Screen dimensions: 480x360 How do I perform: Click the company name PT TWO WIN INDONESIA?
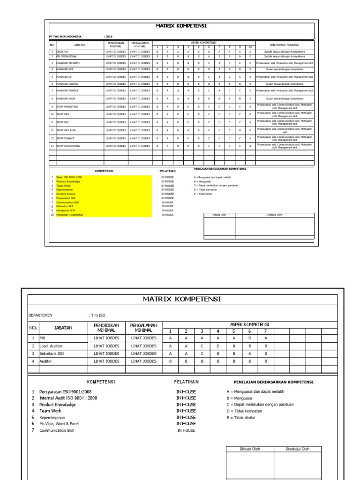pos(65,36)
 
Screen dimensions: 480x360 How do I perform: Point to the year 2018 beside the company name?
pos(108,36)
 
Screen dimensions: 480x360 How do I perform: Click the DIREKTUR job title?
pos(62,52)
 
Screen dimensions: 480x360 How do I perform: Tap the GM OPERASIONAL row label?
pos(67,56)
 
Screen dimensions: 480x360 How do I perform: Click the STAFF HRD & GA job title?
pos(66,130)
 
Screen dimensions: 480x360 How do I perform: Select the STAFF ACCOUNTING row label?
pos(68,146)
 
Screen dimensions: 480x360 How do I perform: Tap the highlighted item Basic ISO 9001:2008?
pos(69,177)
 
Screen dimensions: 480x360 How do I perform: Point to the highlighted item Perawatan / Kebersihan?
pos(69,215)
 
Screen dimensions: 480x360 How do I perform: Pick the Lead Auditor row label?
pos(52,346)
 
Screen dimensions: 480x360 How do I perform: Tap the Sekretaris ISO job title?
pos(52,353)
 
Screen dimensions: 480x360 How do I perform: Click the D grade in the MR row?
pos(250,338)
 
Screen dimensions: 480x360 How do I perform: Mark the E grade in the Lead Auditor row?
pos(218,346)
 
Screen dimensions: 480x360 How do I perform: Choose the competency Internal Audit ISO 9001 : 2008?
pos(68,398)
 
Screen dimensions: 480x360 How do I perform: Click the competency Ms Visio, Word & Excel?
pos(59,424)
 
